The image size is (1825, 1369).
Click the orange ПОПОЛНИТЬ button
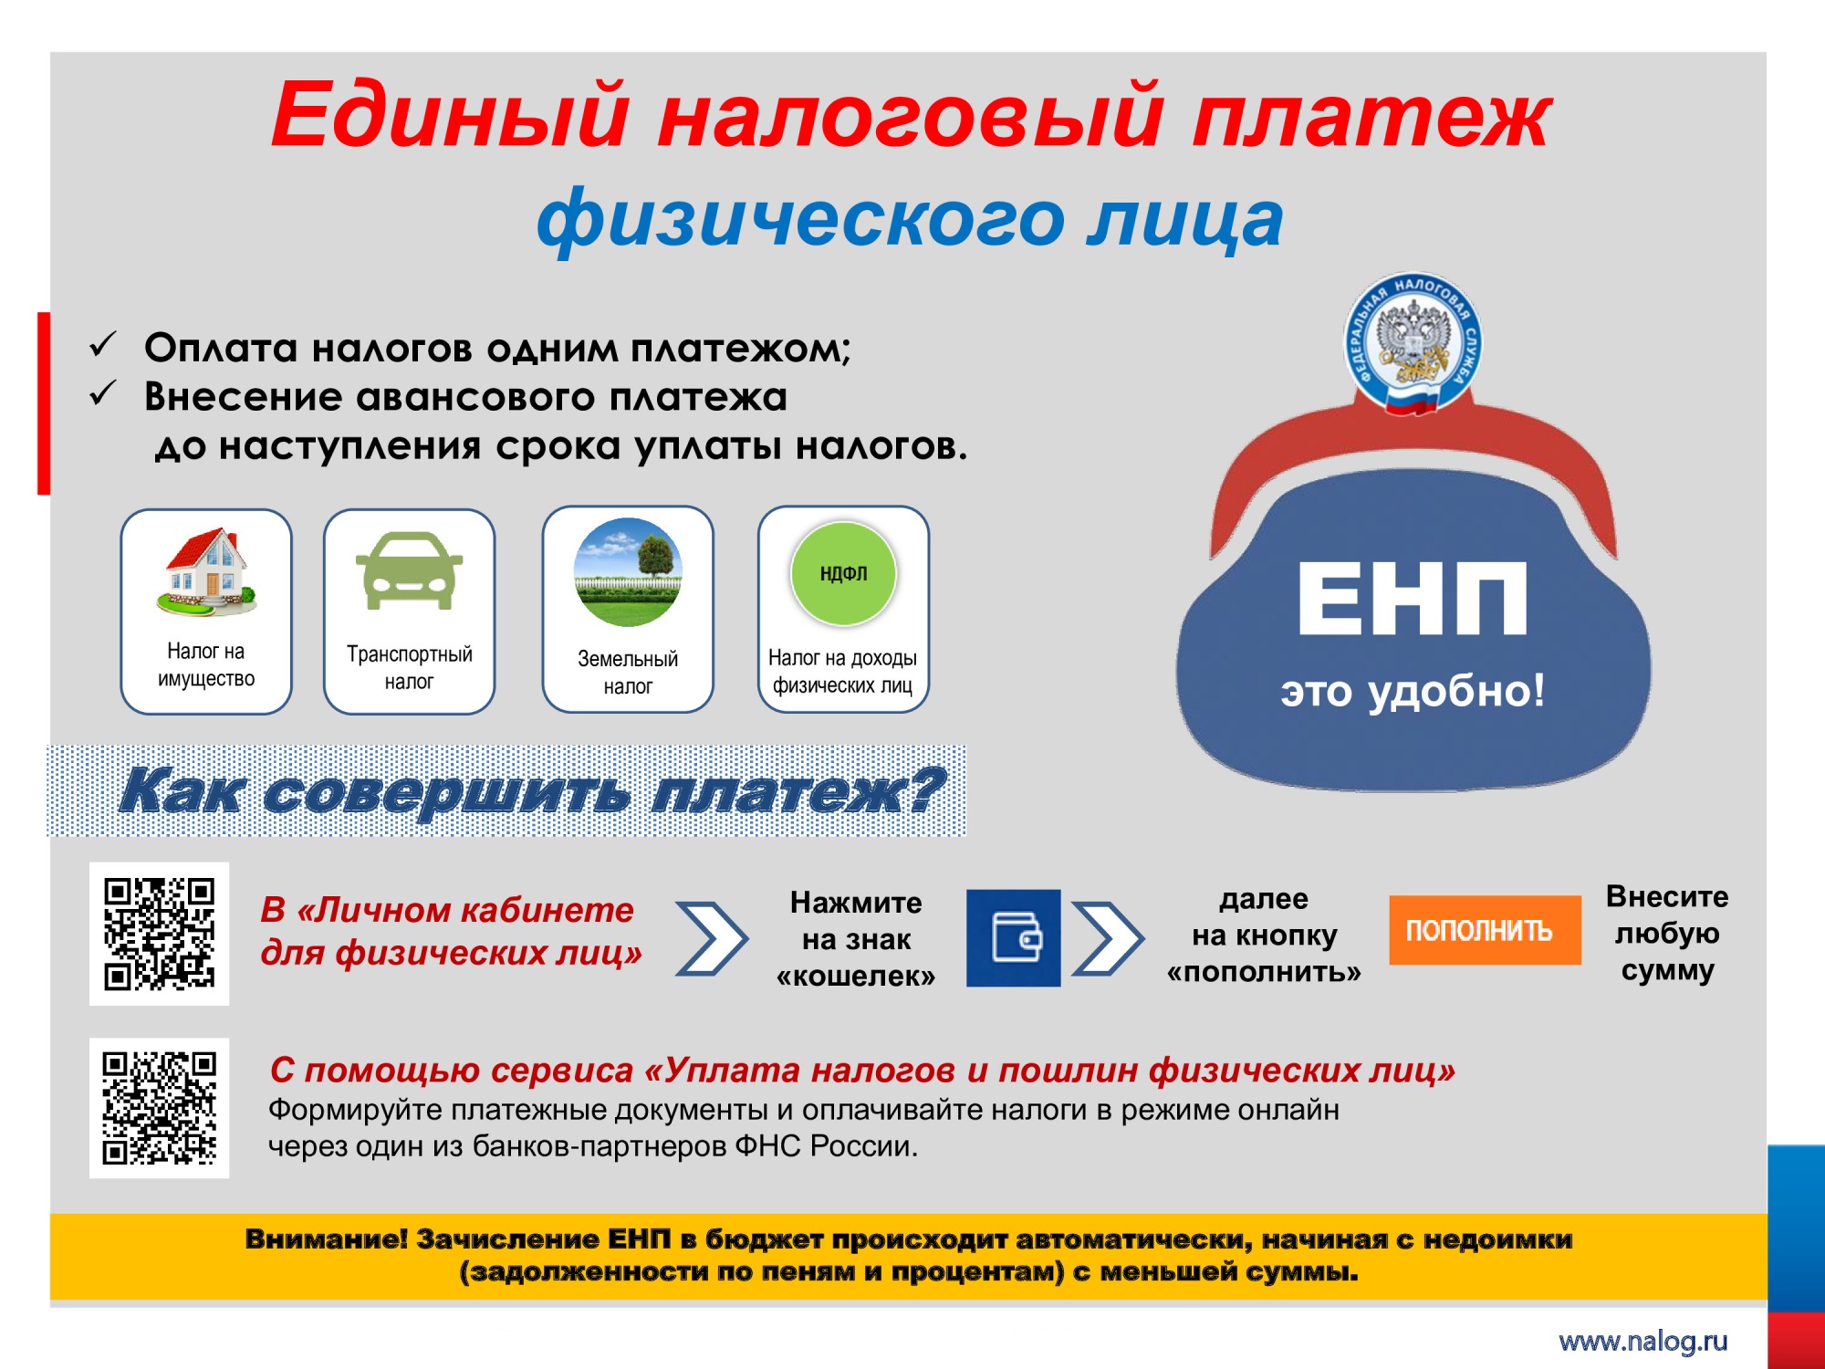[x=1485, y=930]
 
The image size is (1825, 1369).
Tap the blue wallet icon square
[x=1013, y=937]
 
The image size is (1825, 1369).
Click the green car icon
[x=409, y=570]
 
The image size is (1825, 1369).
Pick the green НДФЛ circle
[x=843, y=573]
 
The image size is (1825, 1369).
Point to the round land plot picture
[x=628, y=572]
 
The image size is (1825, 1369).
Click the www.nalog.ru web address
[x=1643, y=1341]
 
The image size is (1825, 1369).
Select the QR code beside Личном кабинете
[x=160, y=934]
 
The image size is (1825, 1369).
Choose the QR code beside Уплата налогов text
[x=160, y=1108]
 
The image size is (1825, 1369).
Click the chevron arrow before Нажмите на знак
[x=712, y=938]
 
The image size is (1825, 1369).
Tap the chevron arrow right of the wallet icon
[x=1107, y=938]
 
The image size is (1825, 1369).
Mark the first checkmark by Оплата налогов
[x=103, y=345]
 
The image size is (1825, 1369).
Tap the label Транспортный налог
[x=410, y=667]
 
